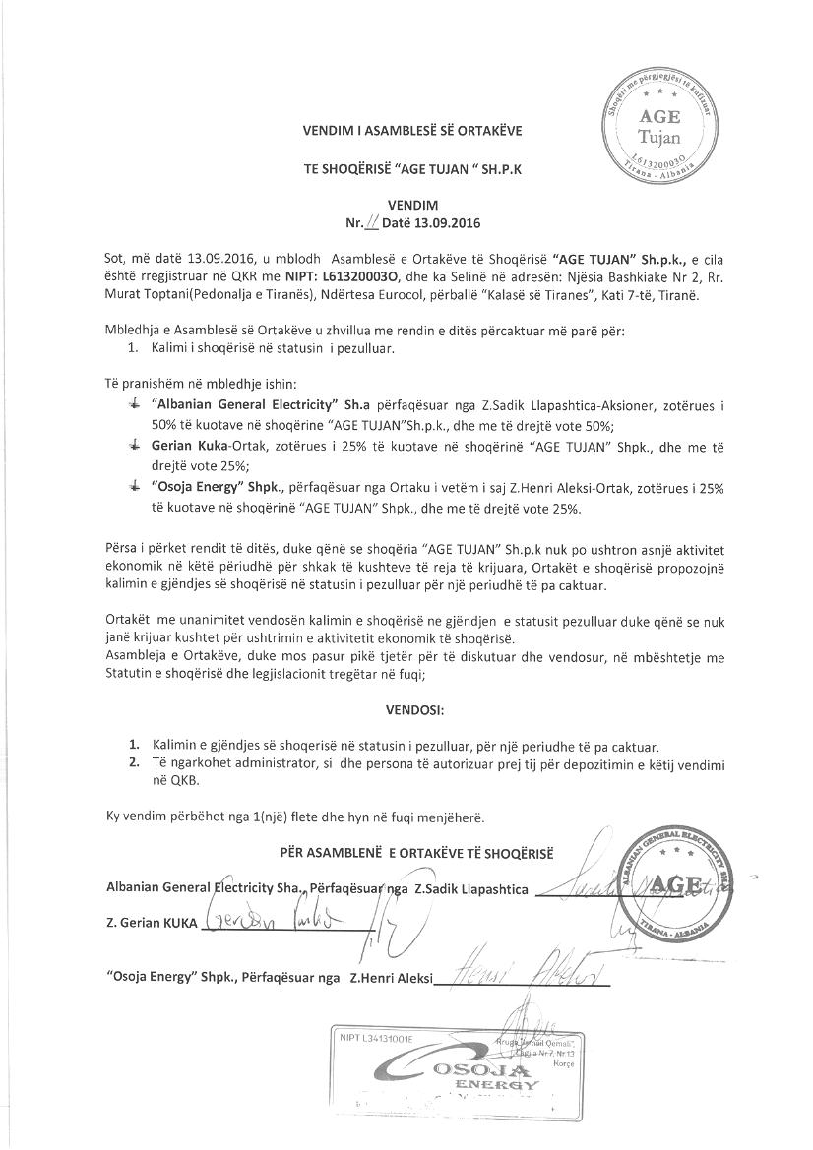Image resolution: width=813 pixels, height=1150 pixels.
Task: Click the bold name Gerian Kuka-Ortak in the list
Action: tap(202, 446)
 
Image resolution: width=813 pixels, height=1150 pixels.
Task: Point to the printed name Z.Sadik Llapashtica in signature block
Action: tap(471, 889)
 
